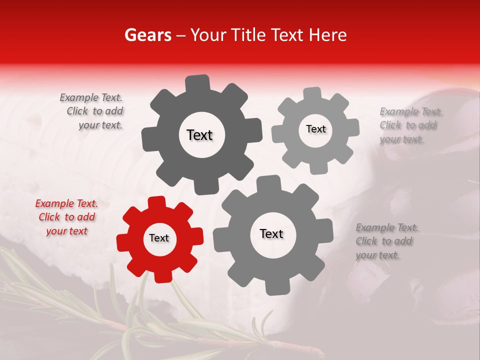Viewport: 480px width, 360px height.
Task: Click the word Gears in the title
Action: tap(147, 35)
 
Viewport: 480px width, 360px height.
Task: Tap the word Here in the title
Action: tap(327, 35)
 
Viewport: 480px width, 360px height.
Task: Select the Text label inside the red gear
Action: tap(159, 238)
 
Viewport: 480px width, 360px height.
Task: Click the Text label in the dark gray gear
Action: tap(199, 135)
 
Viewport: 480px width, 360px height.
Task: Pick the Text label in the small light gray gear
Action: tap(315, 129)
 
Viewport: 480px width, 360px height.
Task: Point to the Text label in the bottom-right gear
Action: tap(271, 233)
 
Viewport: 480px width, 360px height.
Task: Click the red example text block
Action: tap(66, 217)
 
